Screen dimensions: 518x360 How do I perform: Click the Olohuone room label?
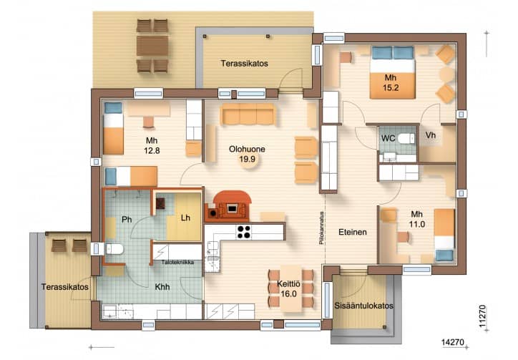(247, 149)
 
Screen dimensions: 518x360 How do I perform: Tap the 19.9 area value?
(247, 160)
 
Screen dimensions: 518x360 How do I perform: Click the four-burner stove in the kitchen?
(244, 232)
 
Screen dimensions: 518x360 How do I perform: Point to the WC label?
(388, 138)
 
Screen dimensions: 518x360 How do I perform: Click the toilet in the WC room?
(406, 138)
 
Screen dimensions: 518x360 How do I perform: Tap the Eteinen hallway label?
(353, 232)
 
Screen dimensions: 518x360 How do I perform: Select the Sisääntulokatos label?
(363, 306)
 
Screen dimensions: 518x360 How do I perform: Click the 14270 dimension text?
(453, 342)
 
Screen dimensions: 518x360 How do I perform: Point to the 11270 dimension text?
(483, 316)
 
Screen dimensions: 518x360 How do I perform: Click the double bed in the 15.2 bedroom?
(392, 72)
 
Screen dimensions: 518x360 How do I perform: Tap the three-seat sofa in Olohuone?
(248, 115)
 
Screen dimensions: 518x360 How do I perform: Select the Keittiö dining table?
(291, 288)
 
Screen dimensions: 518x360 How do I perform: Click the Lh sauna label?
(185, 218)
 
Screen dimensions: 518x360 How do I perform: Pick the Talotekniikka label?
(177, 262)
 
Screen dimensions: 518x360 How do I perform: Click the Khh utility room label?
(162, 286)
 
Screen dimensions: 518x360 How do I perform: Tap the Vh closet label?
(431, 135)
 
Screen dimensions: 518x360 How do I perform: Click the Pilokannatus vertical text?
(321, 228)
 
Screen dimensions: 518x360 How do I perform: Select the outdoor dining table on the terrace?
(152, 46)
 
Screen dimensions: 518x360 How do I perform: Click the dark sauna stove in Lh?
(160, 204)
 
